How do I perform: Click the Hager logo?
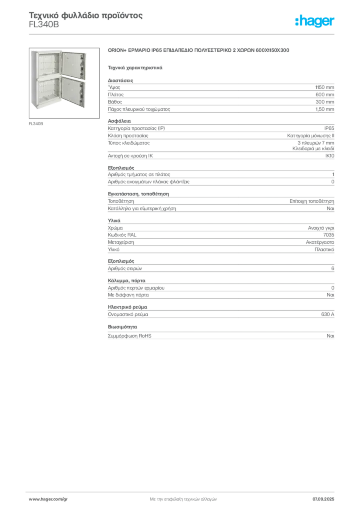(x=315, y=21)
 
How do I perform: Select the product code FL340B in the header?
(x=44, y=25)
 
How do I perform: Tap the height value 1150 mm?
(x=324, y=87)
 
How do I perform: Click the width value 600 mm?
(x=325, y=95)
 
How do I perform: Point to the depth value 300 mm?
(x=325, y=102)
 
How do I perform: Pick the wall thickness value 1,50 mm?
(x=325, y=109)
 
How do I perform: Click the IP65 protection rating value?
(x=329, y=128)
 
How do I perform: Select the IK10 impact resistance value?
(x=330, y=156)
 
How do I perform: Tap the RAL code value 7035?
(x=329, y=235)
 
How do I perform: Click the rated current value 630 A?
(x=327, y=314)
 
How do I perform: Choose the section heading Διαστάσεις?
(x=120, y=80)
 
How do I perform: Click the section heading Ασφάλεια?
(x=119, y=121)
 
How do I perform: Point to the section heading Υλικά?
(x=114, y=220)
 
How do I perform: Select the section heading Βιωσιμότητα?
(x=122, y=327)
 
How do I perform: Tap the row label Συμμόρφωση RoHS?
(x=129, y=336)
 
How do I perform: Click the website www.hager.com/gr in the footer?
(x=48, y=499)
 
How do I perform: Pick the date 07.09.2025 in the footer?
(x=323, y=499)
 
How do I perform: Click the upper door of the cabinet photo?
(x=74, y=65)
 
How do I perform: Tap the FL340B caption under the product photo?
(x=36, y=124)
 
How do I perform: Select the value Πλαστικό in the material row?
(x=324, y=250)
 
